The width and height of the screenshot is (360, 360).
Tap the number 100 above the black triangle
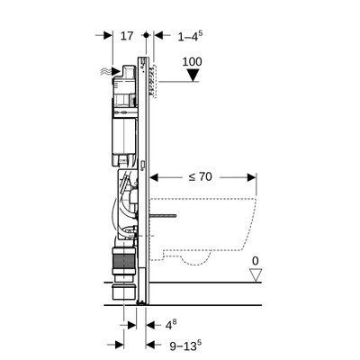pyautogui.click(x=191, y=62)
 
